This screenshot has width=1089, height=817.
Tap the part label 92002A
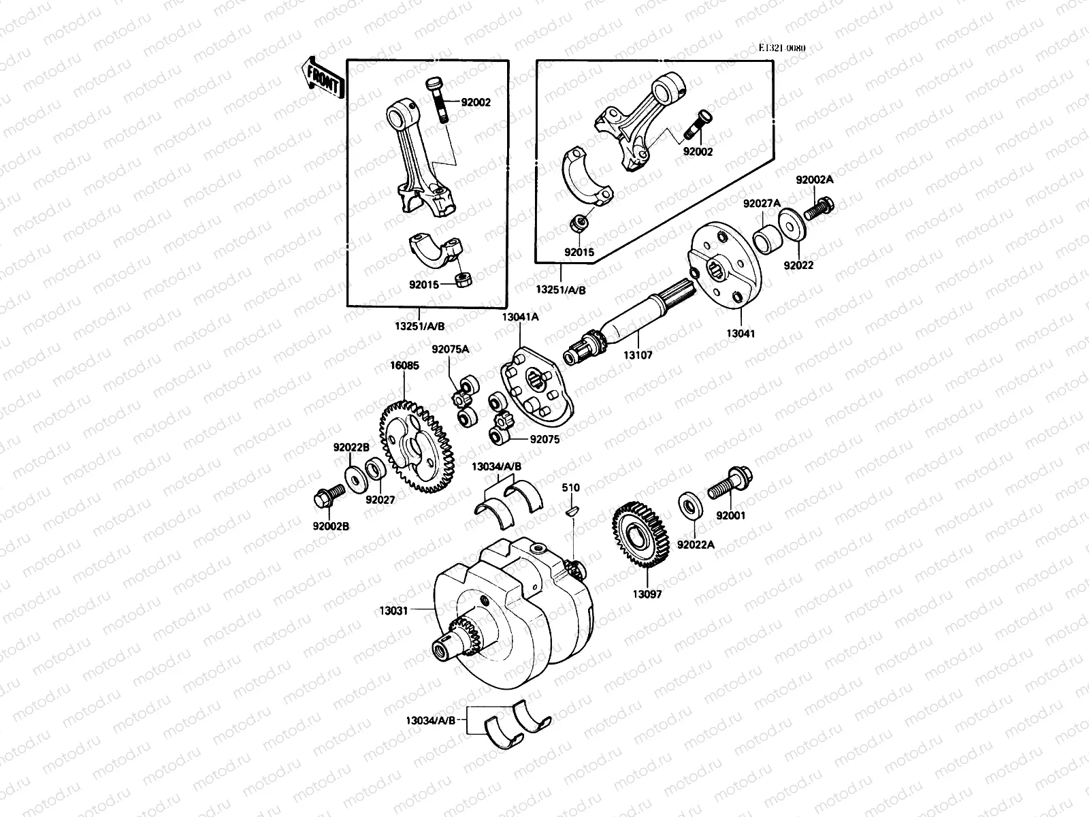click(815, 180)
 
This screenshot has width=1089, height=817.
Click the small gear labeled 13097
click(641, 534)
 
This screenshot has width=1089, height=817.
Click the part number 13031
click(393, 611)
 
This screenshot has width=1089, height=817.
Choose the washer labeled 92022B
click(355, 477)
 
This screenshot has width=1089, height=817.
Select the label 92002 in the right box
click(698, 152)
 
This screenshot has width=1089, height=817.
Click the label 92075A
click(450, 349)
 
